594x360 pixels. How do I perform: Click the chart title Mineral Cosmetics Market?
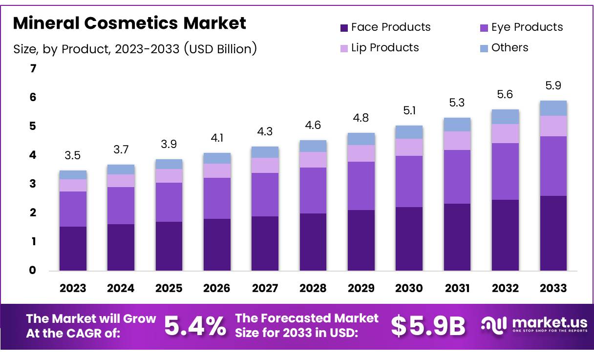click(x=129, y=23)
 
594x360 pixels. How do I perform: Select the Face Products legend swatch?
click(x=344, y=28)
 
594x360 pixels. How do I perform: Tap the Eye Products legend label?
click(x=527, y=27)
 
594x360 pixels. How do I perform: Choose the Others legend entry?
click(x=509, y=48)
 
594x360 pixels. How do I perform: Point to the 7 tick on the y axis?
click(x=33, y=69)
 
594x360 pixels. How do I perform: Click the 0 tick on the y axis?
click(x=33, y=270)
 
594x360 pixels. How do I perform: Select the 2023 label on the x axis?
click(x=73, y=288)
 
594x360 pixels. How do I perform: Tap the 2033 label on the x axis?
click(x=553, y=288)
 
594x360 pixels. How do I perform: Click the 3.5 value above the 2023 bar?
click(x=73, y=156)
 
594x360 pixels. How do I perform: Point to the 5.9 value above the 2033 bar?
click(x=553, y=85)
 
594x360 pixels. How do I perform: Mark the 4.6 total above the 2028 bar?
click(x=313, y=125)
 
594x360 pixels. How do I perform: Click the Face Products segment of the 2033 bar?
click(x=553, y=233)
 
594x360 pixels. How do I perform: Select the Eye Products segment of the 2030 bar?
click(x=409, y=181)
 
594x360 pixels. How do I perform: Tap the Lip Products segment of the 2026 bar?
click(x=217, y=170)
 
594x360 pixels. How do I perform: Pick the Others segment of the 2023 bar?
click(x=73, y=175)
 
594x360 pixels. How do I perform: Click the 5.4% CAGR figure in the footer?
click(x=195, y=326)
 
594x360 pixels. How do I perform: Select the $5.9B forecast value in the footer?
click(x=428, y=326)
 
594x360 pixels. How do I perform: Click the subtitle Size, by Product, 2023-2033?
click(x=134, y=49)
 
